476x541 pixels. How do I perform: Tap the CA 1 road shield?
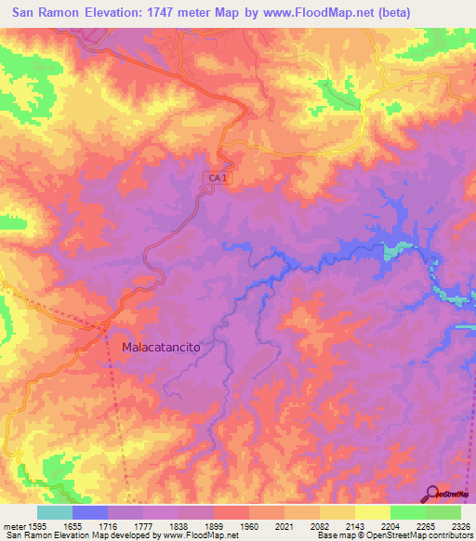(x=216, y=177)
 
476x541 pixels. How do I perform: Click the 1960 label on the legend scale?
(x=250, y=525)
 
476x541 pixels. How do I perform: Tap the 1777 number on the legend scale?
(x=144, y=525)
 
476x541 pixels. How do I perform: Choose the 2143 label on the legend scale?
(x=355, y=525)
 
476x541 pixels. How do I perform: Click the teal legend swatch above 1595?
(x=55, y=512)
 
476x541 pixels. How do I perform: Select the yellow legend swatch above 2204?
(x=372, y=512)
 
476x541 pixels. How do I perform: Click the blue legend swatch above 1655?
(x=90, y=512)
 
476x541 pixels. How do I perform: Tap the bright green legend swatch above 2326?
(x=443, y=512)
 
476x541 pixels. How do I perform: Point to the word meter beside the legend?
(x=13, y=525)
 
